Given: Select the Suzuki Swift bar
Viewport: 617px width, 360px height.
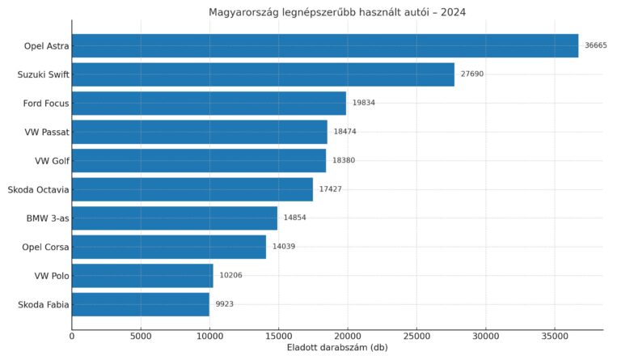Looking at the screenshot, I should point(263,74).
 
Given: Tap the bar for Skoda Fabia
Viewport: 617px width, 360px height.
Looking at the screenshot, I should point(141,304).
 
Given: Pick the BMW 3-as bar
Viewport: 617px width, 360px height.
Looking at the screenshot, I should point(175,218).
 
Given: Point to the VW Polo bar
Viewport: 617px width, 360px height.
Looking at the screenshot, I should point(142,276).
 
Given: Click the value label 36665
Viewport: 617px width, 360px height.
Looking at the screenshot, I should point(596,45).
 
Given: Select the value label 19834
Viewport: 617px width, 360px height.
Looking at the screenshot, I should point(363,103).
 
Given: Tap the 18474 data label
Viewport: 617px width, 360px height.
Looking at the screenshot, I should point(344,132).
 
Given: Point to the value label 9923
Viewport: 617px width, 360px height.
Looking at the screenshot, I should point(224,304).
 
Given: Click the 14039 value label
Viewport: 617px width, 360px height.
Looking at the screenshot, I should point(284,247).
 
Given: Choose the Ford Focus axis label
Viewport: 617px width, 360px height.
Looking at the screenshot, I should point(46,103).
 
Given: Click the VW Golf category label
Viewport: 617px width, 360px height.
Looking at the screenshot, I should point(52,161).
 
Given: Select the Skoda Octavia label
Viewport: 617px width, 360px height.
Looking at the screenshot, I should point(38,189).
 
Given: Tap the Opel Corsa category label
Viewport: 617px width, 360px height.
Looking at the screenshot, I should point(45,247).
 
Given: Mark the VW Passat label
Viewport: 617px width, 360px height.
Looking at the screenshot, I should point(47,132).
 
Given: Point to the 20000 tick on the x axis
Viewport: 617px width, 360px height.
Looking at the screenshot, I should point(348,336).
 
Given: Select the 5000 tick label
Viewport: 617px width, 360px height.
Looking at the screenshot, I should point(141,336).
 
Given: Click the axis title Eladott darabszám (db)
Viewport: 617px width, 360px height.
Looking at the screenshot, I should point(336,348).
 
